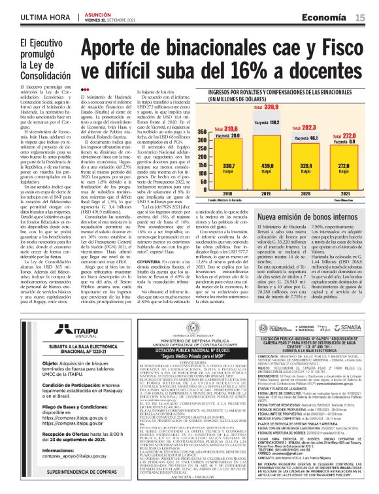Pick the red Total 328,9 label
(271, 105)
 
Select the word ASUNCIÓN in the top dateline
(98, 13)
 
